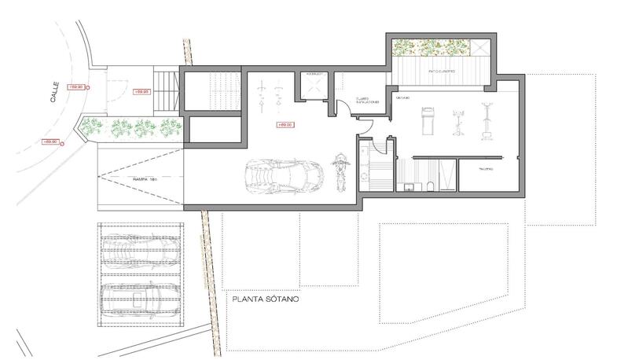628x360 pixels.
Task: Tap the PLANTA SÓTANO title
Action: pos(264,300)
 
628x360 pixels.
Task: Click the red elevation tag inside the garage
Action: pos(285,124)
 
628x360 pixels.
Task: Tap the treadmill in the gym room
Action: pos(425,123)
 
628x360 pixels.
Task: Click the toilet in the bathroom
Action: pos(432,187)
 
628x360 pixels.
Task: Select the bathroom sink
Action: pos(410,187)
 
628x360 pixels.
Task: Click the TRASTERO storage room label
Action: pos(485,168)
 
